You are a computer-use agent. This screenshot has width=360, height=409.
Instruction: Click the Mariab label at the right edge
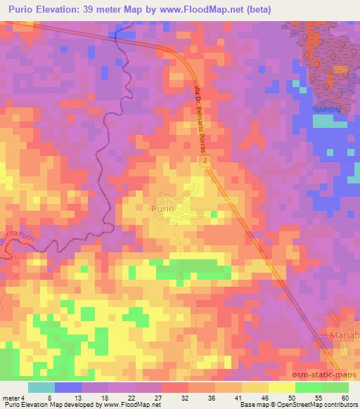[344, 336]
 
